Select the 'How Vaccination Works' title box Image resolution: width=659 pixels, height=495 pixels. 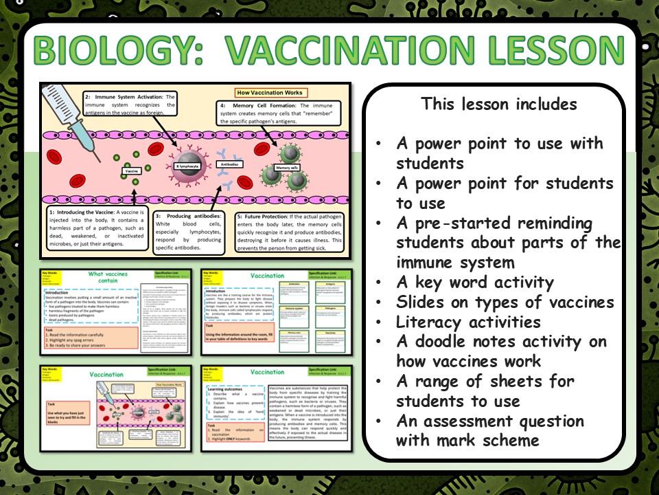269,92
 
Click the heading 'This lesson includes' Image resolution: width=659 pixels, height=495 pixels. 499,104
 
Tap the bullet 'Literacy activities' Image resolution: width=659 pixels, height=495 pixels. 468,322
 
